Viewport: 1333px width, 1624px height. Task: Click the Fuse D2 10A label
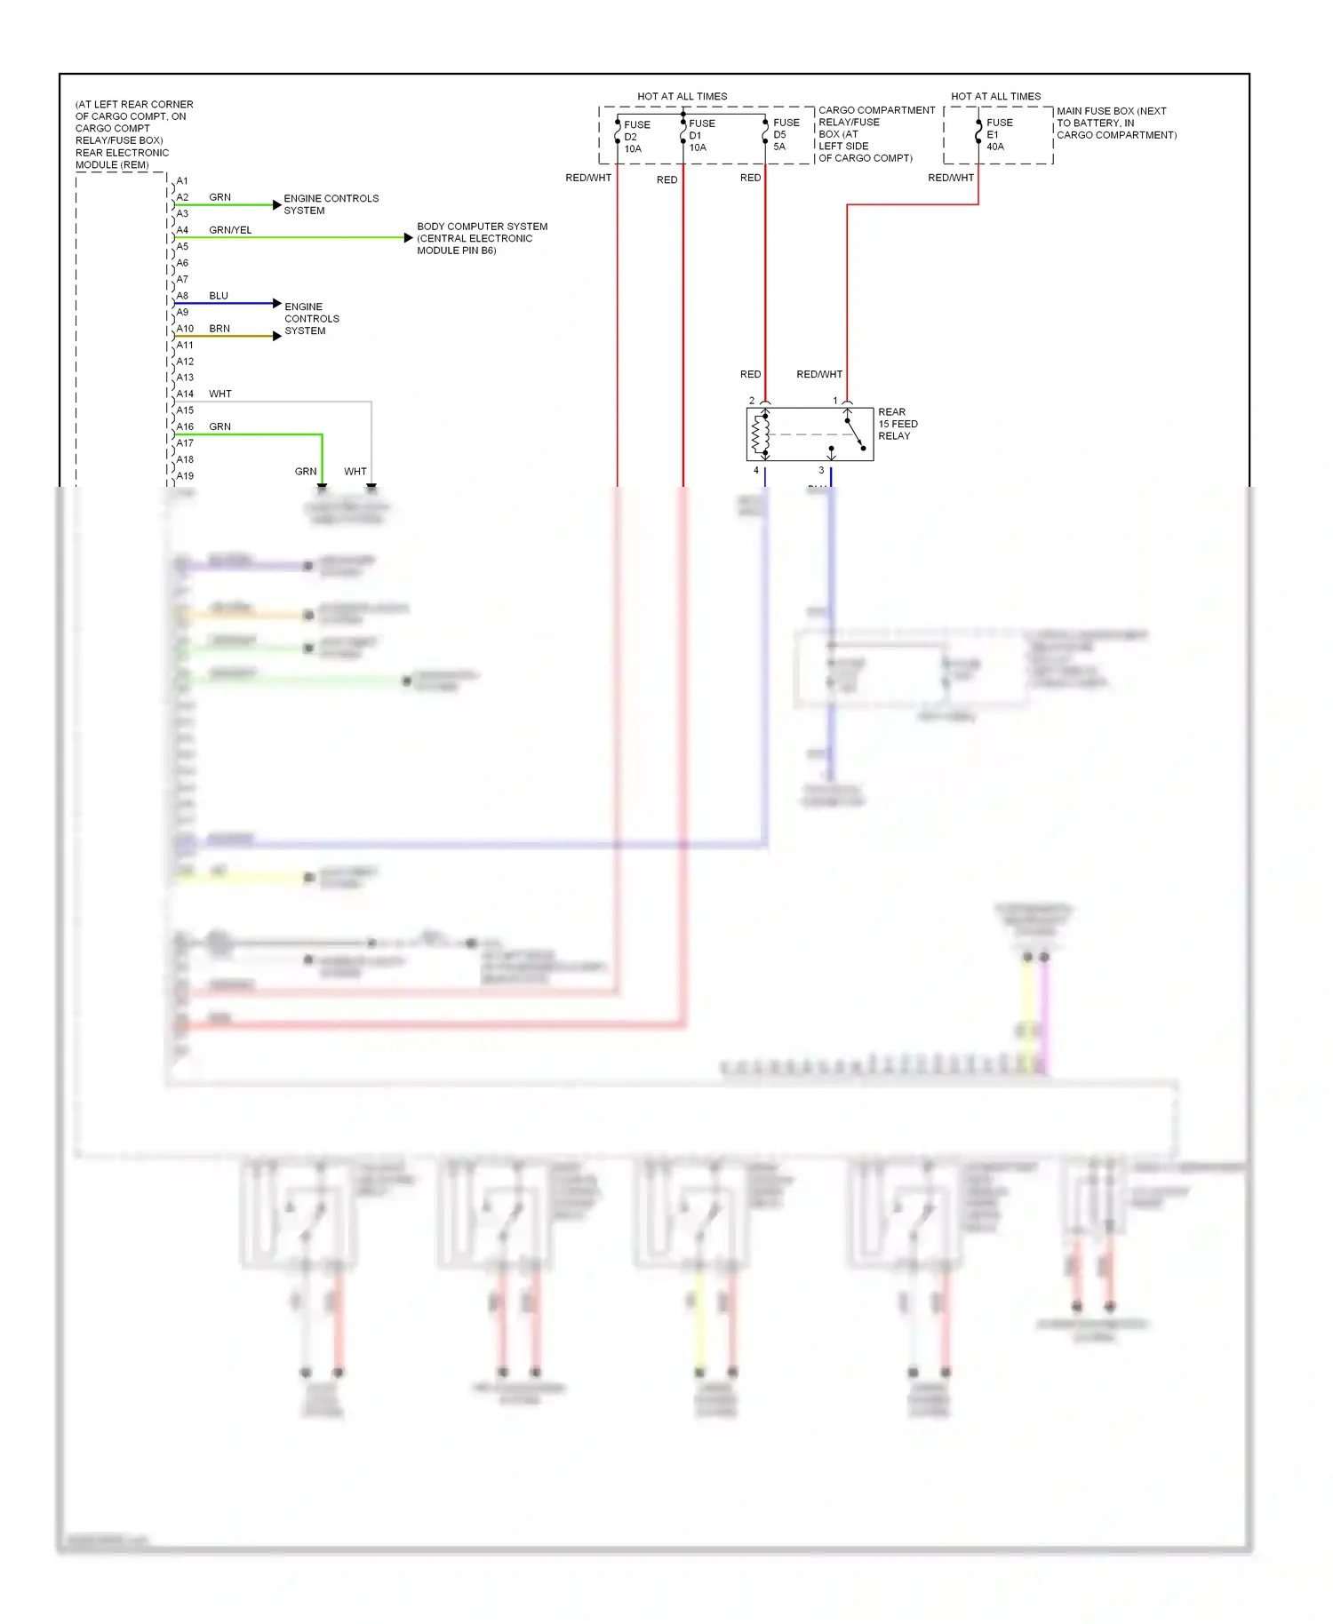[x=635, y=137]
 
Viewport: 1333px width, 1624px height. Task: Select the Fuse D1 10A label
[x=700, y=136]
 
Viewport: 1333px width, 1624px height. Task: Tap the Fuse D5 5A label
[x=785, y=135]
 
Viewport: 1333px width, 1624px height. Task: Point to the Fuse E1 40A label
[x=998, y=135]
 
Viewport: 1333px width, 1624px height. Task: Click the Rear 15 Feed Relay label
[x=897, y=424]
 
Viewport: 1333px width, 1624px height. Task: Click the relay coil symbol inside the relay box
[x=761, y=435]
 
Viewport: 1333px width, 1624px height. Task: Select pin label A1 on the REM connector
[x=182, y=181]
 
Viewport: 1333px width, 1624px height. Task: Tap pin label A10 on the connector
[x=185, y=329]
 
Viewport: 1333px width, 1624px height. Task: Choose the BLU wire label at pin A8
[x=219, y=296]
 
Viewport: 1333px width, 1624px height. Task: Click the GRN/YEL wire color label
[x=230, y=230]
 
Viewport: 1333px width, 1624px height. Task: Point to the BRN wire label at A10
[x=220, y=329]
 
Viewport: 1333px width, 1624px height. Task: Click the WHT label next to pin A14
[x=220, y=394]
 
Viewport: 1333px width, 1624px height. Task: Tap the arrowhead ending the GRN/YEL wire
[x=408, y=238]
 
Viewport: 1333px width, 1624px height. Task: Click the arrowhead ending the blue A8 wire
[x=277, y=304]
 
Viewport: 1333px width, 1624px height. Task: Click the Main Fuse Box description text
[x=1115, y=123]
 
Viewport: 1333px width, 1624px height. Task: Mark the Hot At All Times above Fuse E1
[x=995, y=96]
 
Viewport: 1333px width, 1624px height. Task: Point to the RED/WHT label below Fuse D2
[x=588, y=179]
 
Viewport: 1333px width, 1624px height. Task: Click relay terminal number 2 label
[x=752, y=401]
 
